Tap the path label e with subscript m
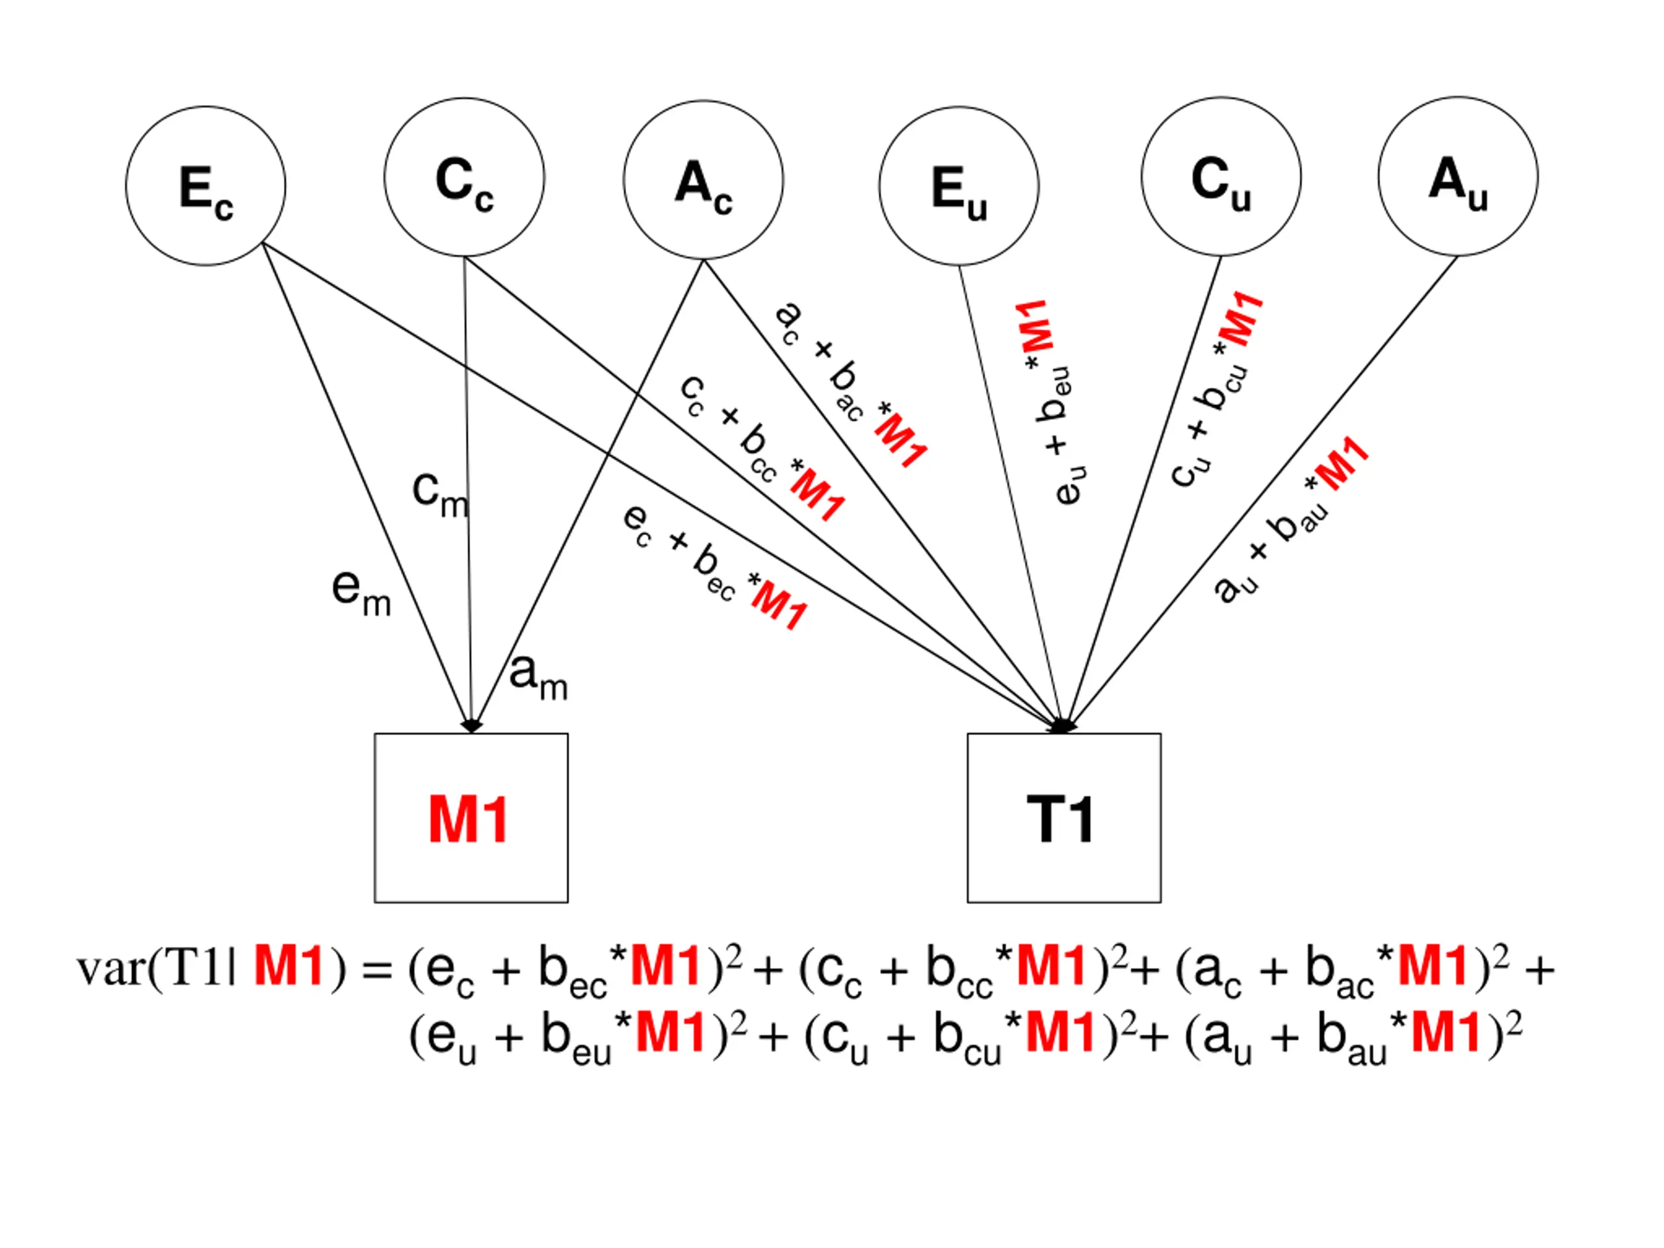[362, 593]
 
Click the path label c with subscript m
[441, 493]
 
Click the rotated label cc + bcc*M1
[762, 448]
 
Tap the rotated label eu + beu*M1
[1052, 402]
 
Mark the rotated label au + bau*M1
[1291, 520]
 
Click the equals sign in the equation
[377, 971]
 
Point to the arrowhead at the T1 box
[1062, 726]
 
